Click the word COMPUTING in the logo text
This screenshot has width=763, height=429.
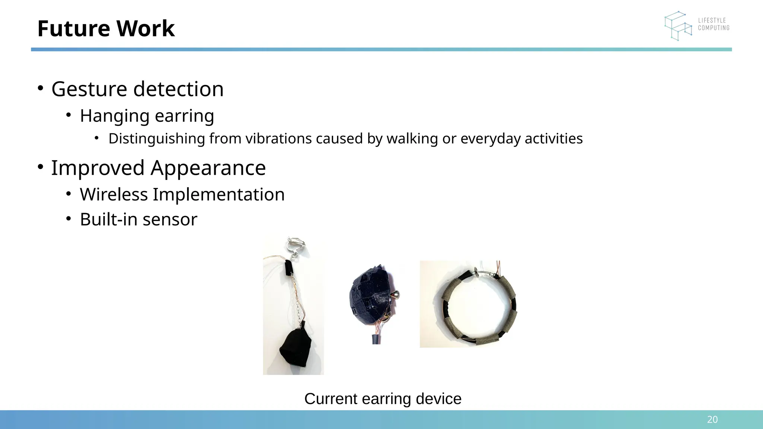point(713,28)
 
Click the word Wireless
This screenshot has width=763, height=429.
point(114,194)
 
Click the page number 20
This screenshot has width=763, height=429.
point(712,420)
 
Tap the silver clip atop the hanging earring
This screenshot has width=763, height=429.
point(295,244)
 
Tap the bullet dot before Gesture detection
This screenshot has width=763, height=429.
point(40,88)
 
